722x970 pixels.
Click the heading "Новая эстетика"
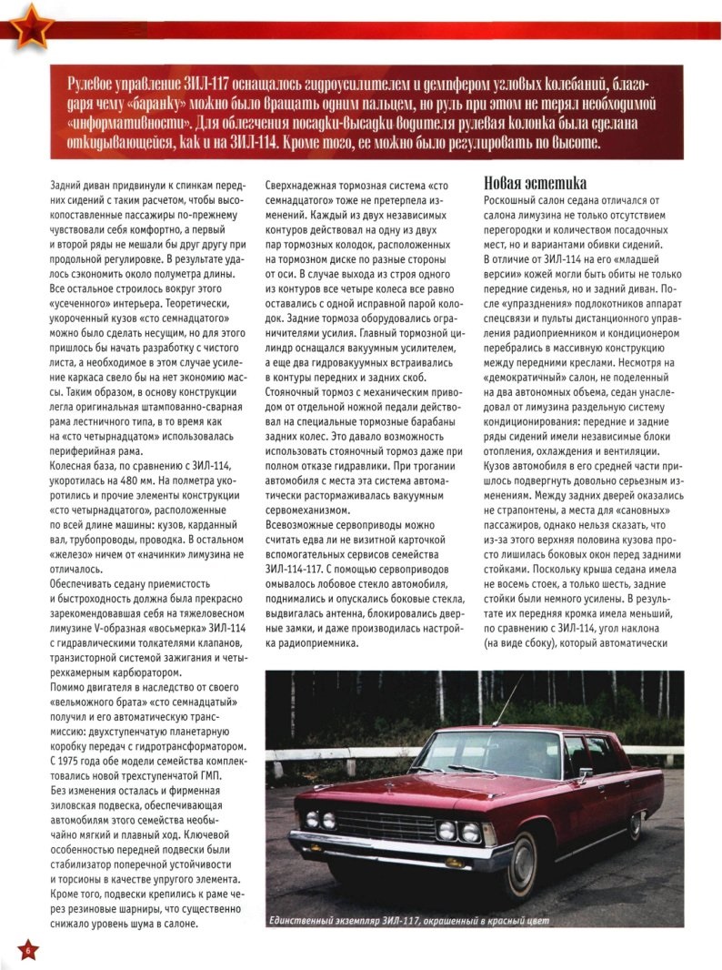coord(535,184)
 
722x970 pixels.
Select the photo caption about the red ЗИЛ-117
coord(409,922)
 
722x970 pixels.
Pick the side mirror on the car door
coord(584,773)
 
